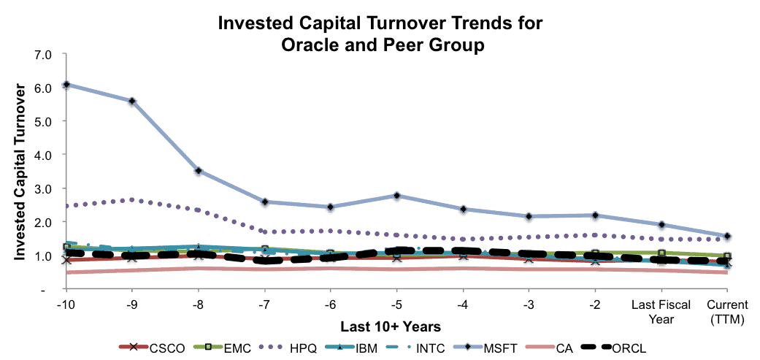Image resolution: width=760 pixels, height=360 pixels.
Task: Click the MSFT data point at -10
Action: [66, 84]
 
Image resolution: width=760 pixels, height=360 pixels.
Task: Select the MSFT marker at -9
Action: [132, 101]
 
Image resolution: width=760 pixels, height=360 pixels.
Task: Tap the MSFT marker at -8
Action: [199, 171]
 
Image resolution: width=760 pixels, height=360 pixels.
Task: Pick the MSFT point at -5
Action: [397, 195]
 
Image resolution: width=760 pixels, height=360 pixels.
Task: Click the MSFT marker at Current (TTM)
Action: [727, 236]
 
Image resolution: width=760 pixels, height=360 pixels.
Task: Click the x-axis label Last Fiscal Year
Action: [661, 312]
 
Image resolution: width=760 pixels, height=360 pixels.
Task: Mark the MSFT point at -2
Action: [595, 215]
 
